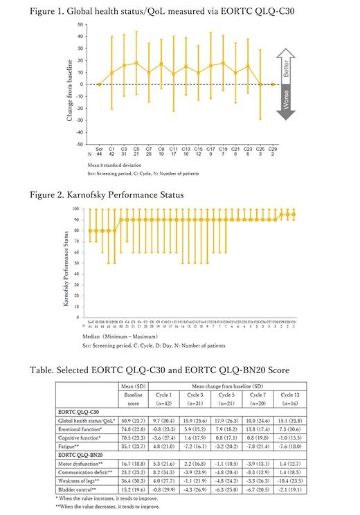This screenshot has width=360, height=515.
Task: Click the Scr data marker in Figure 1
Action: tap(98, 84)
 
